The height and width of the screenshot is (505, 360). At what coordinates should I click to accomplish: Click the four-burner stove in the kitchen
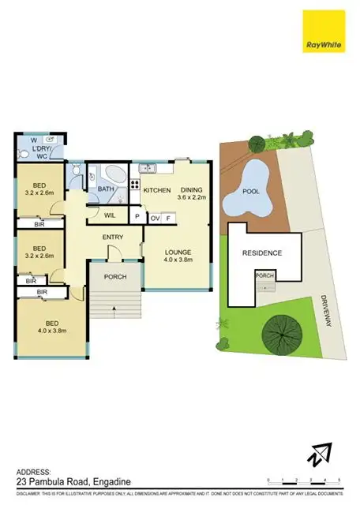[134, 188]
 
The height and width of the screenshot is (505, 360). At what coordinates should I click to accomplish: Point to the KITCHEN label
[156, 190]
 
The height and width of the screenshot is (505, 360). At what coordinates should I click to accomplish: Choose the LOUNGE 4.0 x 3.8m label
[178, 256]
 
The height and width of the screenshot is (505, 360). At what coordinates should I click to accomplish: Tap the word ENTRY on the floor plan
[114, 237]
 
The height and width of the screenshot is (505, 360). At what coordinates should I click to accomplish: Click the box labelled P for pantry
[137, 217]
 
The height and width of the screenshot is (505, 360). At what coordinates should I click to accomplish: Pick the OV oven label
[155, 217]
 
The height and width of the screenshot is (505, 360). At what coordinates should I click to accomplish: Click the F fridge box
[167, 217]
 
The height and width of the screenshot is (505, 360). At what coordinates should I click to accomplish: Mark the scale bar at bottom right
[303, 481]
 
